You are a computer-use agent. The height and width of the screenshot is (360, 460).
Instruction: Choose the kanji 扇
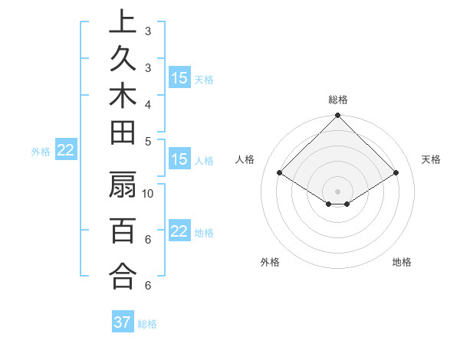click(123, 186)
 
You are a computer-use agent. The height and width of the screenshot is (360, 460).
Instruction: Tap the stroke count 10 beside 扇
click(149, 193)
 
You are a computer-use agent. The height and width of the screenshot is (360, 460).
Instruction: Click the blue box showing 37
click(123, 322)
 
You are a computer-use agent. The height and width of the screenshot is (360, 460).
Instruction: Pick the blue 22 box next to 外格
click(65, 151)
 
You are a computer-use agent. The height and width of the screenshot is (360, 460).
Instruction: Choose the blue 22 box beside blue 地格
click(179, 232)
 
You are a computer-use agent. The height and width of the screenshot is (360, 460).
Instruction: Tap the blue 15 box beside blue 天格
click(179, 78)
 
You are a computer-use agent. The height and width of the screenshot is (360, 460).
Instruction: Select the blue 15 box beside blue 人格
click(179, 160)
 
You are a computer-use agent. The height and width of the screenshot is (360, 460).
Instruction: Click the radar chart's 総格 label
click(337, 100)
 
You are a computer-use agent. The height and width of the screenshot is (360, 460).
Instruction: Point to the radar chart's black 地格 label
click(402, 262)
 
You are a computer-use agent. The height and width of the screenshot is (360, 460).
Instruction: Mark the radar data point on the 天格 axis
click(396, 174)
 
